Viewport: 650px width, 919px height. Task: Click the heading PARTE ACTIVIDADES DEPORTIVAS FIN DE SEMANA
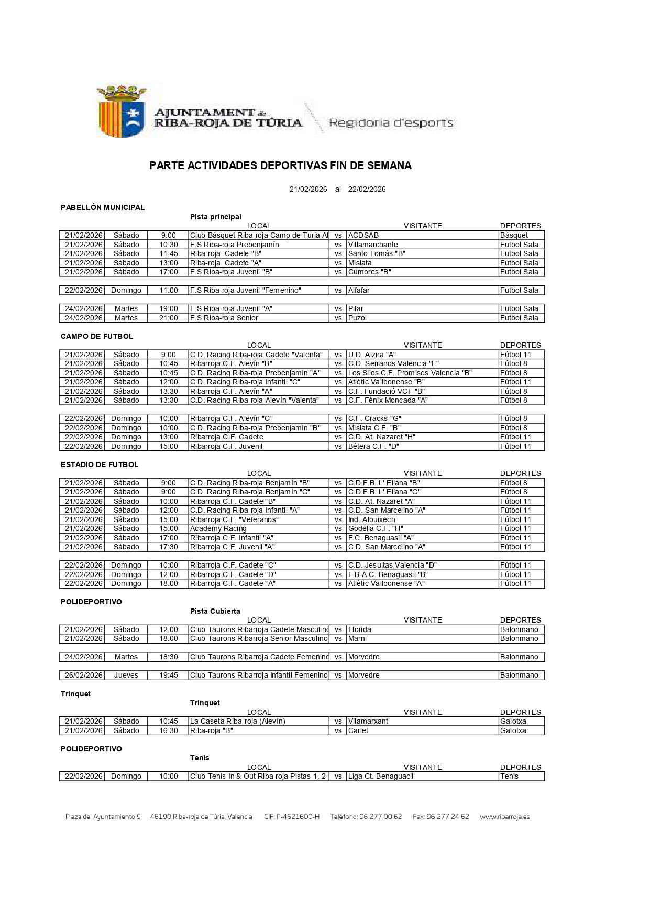pyautogui.click(x=280, y=165)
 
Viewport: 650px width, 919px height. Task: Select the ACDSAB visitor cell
pyautogui.click(x=363, y=235)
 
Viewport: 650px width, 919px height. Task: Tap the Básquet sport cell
pyautogui.click(x=514, y=235)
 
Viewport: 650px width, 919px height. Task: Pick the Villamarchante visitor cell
pyautogui.click(x=373, y=245)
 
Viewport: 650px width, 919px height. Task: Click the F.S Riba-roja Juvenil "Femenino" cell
pyautogui.click(x=245, y=290)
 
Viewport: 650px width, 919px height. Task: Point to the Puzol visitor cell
pyautogui.click(x=358, y=318)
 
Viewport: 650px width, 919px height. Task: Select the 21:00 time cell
pyautogui.click(x=169, y=318)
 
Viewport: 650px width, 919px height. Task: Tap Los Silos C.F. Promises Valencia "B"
pyautogui.click(x=410, y=373)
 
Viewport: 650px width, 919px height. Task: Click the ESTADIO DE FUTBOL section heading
pyautogui.click(x=100, y=464)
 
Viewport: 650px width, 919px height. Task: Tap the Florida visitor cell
pyautogui.click(x=360, y=629)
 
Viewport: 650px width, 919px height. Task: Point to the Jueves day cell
pyautogui.click(x=126, y=675)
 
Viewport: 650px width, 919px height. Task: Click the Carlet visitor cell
pyautogui.click(x=358, y=730)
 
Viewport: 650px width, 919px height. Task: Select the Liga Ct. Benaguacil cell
pyautogui.click(x=381, y=776)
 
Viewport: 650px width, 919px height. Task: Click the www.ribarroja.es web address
pyautogui.click(x=504, y=816)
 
